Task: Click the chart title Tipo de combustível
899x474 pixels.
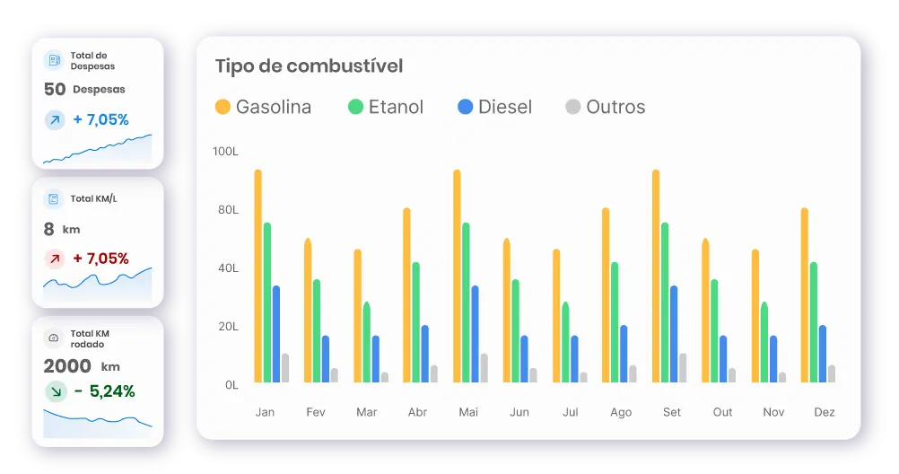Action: pyautogui.click(x=309, y=66)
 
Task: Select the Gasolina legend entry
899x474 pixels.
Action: pyautogui.click(x=263, y=107)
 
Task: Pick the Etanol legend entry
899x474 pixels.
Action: pyautogui.click(x=386, y=107)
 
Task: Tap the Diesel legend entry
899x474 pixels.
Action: pyautogui.click(x=494, y=107)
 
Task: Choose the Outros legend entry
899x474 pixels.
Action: pyautogui.click(x=605, y=107)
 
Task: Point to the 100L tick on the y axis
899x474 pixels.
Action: pyautogui.click(x=225, y=152)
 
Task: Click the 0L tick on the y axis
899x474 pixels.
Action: pyautogui.click(x=231, y=384)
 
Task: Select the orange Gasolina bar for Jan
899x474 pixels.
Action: pyautogui.click(x=258, y=276)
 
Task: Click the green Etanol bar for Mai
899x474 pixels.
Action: pyautogui.click(x=466, y=303)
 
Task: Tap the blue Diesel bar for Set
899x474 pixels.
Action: pyautogui.click(x=674, y=334)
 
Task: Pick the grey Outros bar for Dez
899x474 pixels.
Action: pyautogui.click(x=832, y=373)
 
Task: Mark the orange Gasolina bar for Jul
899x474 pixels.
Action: pyautogui.click(x=556, y=316)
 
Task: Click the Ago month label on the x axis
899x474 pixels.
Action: pyautogui.click(x=621, y=412)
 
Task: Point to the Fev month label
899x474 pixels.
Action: pyautogui.click(x=316, y=412)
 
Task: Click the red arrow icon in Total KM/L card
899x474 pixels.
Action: pyautogui.click(x=55, y=259)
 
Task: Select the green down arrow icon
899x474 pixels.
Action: pyautogui.click(x=55, y=391)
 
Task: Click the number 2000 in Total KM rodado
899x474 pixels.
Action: pyautogui.click(x=67, y=366)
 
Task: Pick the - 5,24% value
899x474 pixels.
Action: pyautogui.click(x=104, y=391)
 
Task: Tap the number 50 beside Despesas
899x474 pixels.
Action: pyautogui.click(x=55, y=89)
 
